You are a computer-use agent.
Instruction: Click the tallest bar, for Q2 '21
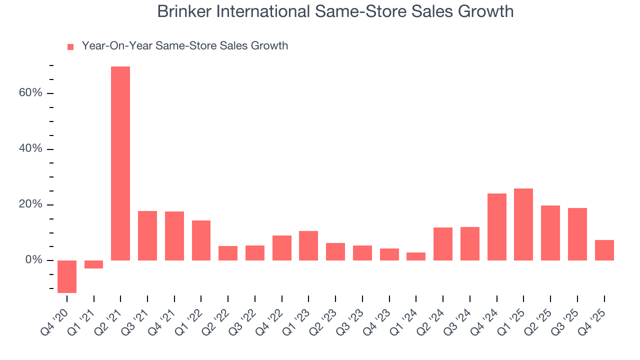pyautogui.click(x=120, y=163)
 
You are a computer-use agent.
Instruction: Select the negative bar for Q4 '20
pyautogui.click(x=67, y=276)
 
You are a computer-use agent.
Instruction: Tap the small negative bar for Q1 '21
pyautogui.click(x=93, y=264)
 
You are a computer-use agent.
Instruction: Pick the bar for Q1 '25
pyautogui.click(x=523, y=224)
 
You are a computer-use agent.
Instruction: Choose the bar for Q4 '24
pyautogui.click(x=496, y=227)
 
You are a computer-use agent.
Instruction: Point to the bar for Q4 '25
pyautogui.click(x=604, y=250)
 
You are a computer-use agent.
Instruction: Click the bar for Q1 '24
pyautogui.click(x=416, y=256)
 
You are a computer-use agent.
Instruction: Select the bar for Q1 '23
pyautogui.click(x=308, y=245)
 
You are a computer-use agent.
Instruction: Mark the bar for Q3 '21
pyautogui.click(x=147, y=235)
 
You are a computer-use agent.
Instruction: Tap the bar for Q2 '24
pyautogui.click(x=443, y=244)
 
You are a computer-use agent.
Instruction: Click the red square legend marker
pyautogui.click(x=70, y=47)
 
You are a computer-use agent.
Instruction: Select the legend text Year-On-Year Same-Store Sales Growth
pyautogui.click(x=185, y=46)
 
